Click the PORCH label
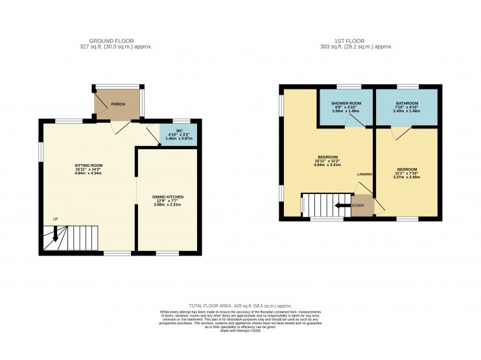click(118, 104)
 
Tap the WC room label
click(178, 130)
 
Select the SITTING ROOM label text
click(88, 165)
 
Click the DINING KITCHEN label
click(168, 197)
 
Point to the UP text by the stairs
click(56, 219)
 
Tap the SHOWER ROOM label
click(346, 104)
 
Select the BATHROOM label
click(407, 104)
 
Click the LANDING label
click(364, 174)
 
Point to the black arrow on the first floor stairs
click(341, 206)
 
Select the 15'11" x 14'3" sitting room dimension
click(88, 170)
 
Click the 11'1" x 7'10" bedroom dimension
click(407, 174)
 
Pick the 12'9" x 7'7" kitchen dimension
click(168, 201)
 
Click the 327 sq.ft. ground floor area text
click(116, 47)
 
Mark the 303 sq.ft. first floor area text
click(357, 47)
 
